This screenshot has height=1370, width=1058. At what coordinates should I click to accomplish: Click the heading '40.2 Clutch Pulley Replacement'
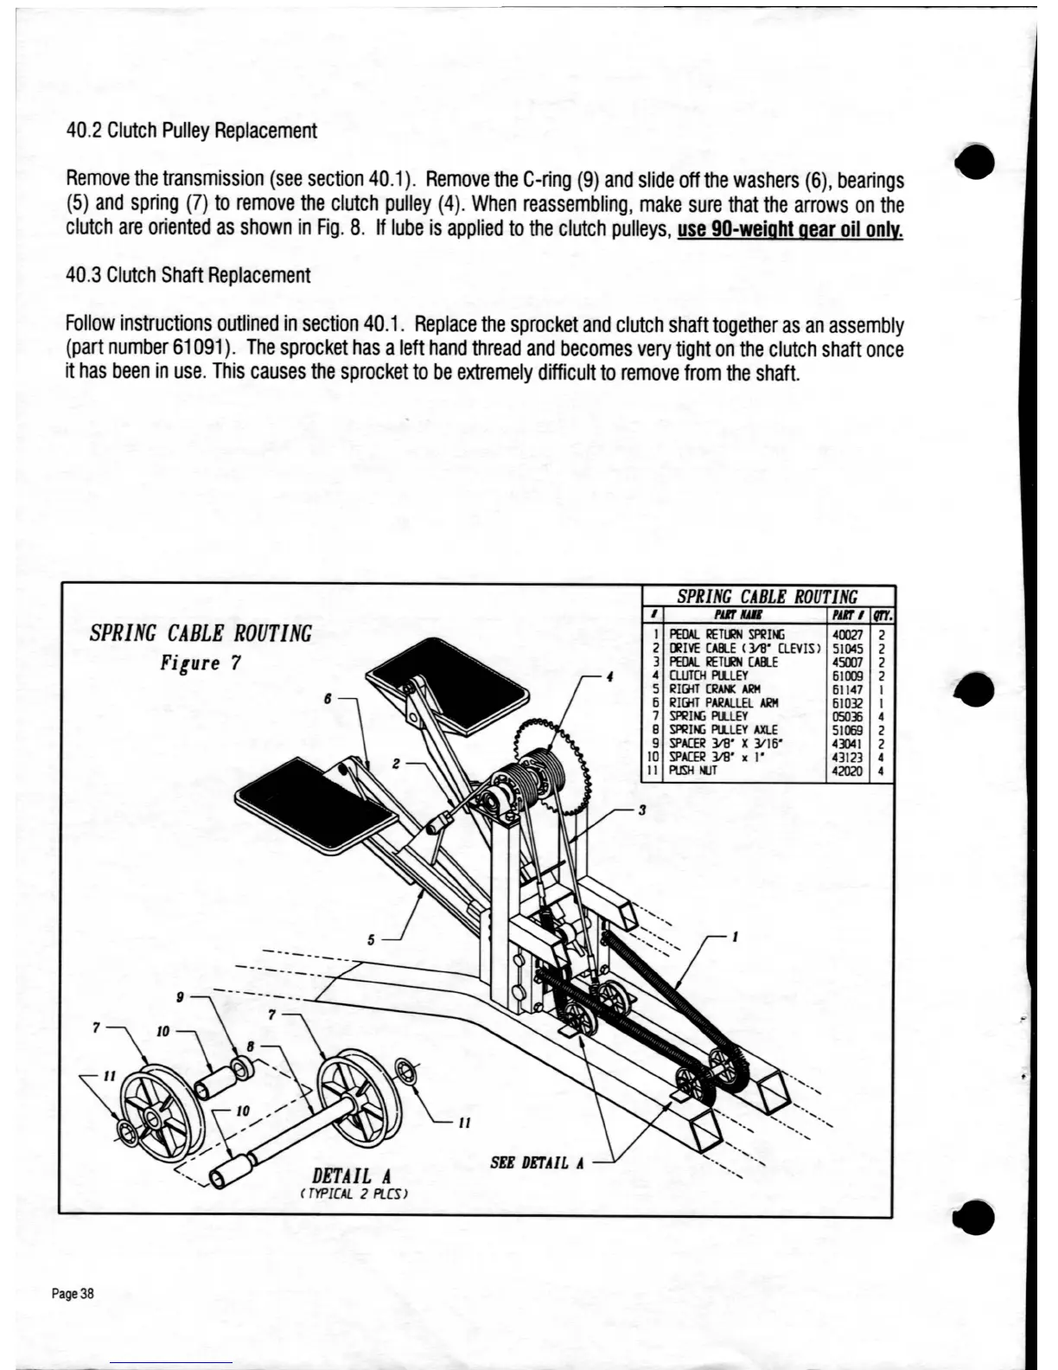click(191, 131)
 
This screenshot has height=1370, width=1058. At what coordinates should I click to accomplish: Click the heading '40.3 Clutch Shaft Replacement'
click(188, 276)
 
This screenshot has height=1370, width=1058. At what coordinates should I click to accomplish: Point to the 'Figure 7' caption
click(201, 663)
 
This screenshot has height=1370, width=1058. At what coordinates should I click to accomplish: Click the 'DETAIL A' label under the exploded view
click(351, 1176)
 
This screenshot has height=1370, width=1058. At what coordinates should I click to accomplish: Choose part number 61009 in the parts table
click(846, 675)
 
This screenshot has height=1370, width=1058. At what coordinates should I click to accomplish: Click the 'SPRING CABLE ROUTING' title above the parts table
click(767, 596)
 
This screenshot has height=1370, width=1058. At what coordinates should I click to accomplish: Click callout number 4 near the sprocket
click(610, 676)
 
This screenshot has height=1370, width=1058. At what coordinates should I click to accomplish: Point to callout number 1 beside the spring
click(734, 936)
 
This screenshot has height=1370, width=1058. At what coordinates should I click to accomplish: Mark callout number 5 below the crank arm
click(371, 941)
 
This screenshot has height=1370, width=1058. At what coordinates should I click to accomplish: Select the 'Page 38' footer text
click(73, 1294)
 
